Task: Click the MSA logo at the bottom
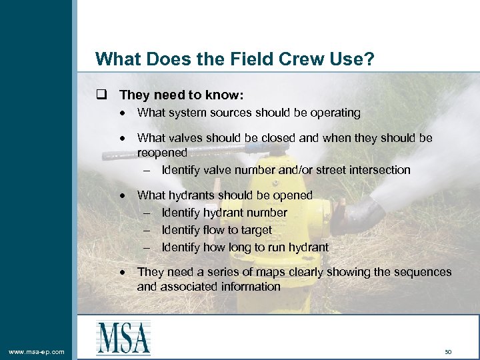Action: coord(123,337)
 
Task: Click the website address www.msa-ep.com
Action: coord(37,351)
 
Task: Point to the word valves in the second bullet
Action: coord(185,138)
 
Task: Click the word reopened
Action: coord(162,153)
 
